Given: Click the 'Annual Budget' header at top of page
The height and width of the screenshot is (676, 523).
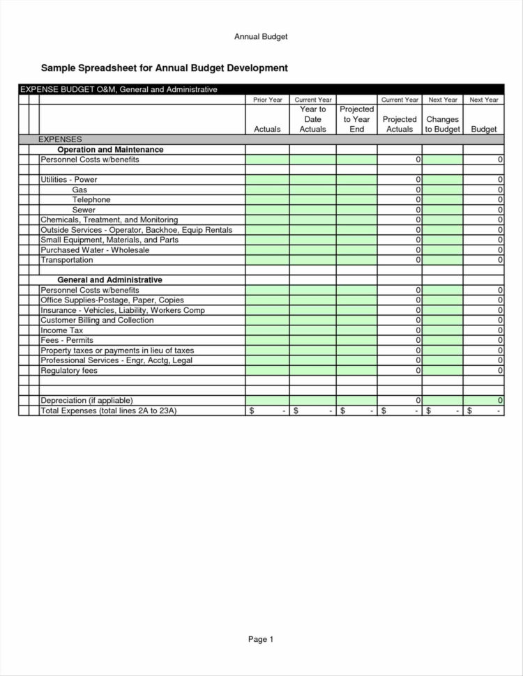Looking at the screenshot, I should (261, 36).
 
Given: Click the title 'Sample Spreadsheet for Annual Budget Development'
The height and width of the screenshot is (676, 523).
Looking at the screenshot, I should (164, 68).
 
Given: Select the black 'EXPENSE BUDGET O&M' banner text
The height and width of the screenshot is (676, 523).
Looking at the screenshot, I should (118, 90).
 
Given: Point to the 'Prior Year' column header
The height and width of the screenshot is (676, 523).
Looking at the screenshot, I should (267, 100).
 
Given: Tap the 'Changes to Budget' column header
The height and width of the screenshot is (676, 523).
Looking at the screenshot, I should (442, 124).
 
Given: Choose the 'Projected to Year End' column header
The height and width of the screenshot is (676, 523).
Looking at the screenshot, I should (356, 119).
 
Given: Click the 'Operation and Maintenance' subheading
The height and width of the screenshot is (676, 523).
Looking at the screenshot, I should (110, 150).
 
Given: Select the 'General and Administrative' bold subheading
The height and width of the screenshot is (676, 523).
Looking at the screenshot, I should (109, 280).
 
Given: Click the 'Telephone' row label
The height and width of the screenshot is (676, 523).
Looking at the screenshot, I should (91, 200).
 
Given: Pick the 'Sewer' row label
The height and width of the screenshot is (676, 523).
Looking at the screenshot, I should (84, 210).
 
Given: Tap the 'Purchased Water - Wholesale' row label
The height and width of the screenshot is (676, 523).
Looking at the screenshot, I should (95, 250).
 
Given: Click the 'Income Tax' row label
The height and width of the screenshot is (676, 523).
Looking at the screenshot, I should (62, 330).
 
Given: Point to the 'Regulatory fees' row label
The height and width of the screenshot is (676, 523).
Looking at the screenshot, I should (69, 371).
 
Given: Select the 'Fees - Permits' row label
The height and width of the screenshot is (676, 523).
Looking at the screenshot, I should (67, 340).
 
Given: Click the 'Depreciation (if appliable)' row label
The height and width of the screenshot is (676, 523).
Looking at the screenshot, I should (86, 401).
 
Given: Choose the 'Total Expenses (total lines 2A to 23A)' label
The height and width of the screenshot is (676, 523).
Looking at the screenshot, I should (109, 411).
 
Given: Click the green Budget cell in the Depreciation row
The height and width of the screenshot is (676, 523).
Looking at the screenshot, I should (483, 401).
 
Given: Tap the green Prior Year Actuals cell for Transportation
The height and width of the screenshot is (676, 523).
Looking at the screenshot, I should (267, 260).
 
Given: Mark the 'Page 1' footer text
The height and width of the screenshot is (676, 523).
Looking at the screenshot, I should (261, 639).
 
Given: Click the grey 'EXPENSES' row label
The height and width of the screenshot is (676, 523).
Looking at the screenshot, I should (60, 139).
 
